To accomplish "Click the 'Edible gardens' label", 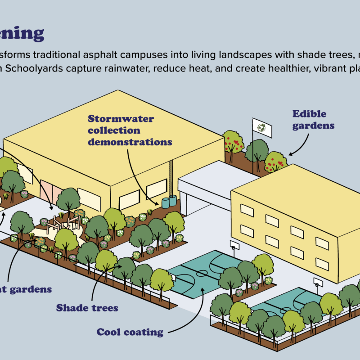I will tap(313, 119).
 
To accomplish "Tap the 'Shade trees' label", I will tap(87, 308).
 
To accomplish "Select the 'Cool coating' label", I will tap(130, 333).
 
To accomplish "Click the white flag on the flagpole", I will tap(261, 127).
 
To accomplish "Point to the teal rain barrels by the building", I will tap(169, 201).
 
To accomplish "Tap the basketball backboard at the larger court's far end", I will tap(234, 245).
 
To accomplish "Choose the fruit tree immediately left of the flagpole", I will tap(233, 142).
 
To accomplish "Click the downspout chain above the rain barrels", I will tap(171, 178).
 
